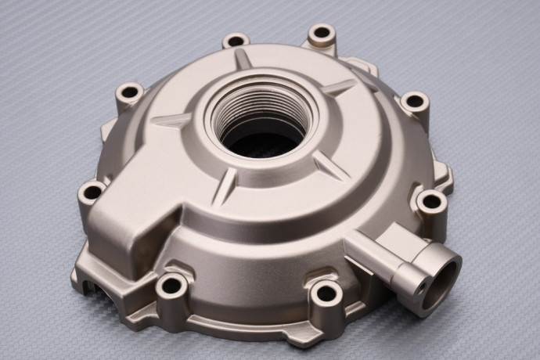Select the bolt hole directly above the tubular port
tap(432, 203)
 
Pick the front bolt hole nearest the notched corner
tap(171, 285)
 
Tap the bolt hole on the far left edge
tap(92, 191)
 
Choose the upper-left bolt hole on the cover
tap(130, 92)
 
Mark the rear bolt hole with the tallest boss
tap(321, 34)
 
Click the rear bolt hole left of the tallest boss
tap(235, 40)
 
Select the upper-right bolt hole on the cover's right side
tap(414, 101)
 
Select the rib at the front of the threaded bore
tap(224, 185)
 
